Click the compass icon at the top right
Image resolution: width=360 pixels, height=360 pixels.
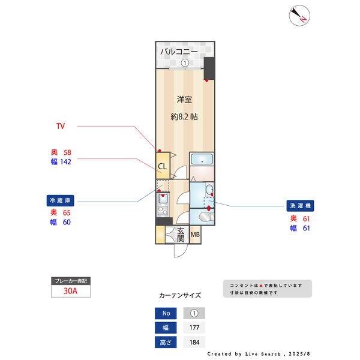click(x=299, y=16)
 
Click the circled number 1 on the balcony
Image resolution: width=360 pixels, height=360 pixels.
click(x=185, y=63)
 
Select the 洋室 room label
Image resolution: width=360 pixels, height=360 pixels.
click(x=184, y=99)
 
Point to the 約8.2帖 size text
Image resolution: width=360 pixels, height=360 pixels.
click(x=184, y=118)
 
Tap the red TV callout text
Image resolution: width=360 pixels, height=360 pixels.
click(x=60, y=127)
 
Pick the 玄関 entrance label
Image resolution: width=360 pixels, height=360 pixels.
click(x=181, y=234)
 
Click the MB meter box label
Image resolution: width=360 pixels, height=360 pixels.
click(x=196, y=235)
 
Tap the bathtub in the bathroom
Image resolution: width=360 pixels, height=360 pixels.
click(x=203, y=160)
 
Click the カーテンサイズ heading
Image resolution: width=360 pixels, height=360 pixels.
click(x=180, y=295)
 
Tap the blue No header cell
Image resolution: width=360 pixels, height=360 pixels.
click(x=166, y=313)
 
